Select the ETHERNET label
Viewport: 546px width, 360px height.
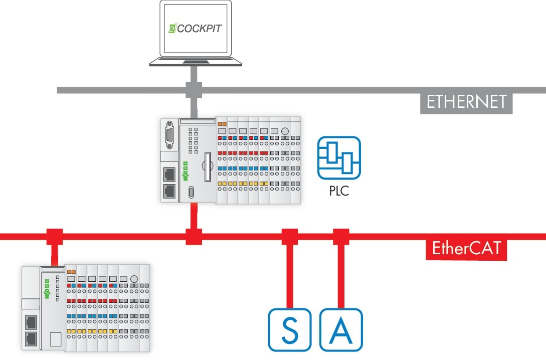(x=466, y=102)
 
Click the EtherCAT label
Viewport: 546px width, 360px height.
(x=466, y=248)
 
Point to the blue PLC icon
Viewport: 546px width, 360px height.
(x=339, y=158)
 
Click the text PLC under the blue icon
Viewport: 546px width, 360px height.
(x=339, y=191)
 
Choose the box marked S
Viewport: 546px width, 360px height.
(x=289, y=329)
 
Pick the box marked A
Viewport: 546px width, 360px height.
(x=341, y=329)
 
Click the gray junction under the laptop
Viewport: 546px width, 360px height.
(x=194, y=90)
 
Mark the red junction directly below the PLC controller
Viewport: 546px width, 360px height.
(x=194, y=236)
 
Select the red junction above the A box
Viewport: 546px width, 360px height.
(x=341, y=236)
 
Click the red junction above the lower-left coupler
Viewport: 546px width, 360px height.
(x=54, y=236)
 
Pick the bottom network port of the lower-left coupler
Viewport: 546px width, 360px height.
(x=31, y=337)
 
